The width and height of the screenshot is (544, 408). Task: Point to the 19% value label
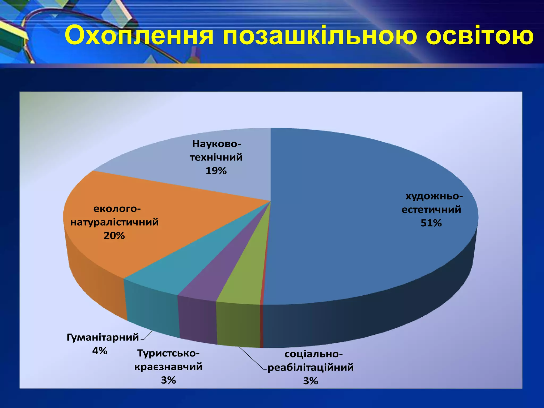[216, 171]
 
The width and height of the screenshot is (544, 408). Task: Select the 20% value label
[114, 236]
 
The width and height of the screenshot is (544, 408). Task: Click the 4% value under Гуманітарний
[100, 351]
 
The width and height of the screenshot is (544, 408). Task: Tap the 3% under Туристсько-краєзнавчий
[168, 380]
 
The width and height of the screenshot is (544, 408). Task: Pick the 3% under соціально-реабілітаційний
[311, 381]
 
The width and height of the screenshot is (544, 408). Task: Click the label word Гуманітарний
[103, 337]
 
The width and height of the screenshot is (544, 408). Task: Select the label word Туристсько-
[168, 353]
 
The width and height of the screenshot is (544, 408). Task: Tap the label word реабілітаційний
[311, 368]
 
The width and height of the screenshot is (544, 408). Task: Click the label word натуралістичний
[114, 222]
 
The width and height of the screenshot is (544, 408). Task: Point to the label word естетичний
[431, 210]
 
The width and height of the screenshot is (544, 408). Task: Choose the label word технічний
[216, 157]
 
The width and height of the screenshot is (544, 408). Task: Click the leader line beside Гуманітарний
[148, 335]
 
